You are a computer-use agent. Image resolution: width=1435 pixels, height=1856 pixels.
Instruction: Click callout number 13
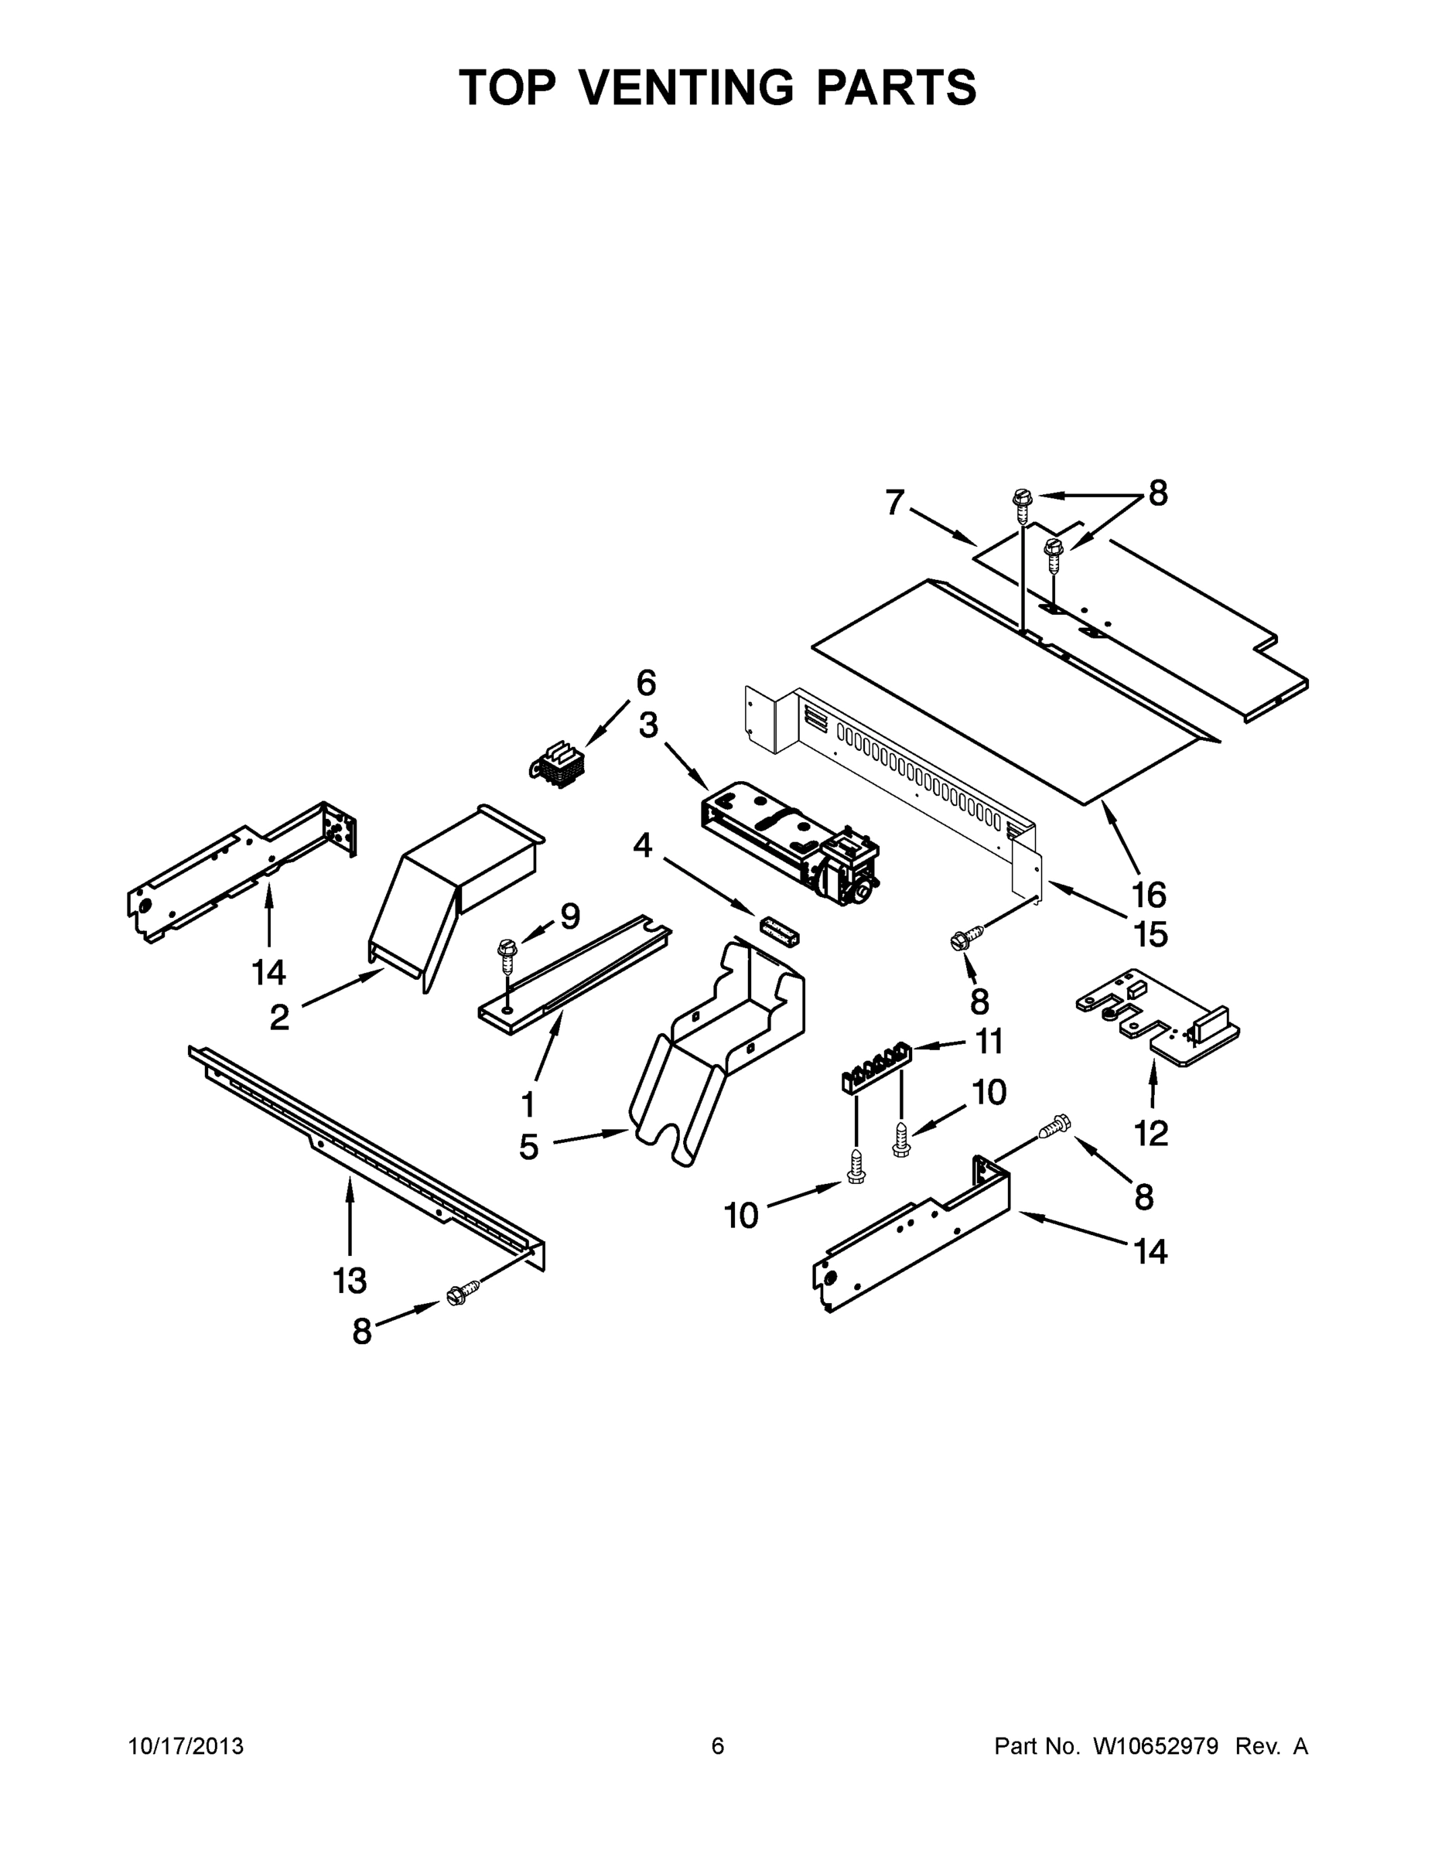click(350, 1280)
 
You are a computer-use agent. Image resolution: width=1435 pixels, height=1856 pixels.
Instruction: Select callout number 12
click(1151, 1133)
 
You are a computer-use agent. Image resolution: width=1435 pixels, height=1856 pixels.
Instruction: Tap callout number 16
click(1149, 894)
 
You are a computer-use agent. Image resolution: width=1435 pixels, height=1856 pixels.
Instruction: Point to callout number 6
click(646, 682)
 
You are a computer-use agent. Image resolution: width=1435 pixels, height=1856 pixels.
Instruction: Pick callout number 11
click(989, 1041)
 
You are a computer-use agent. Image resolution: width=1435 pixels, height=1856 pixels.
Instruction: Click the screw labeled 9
click(507, 956)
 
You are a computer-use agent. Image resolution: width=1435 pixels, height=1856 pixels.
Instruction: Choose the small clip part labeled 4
click(779, 930)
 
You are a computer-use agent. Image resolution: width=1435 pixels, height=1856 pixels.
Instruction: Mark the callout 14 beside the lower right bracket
click(1150, 1251)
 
